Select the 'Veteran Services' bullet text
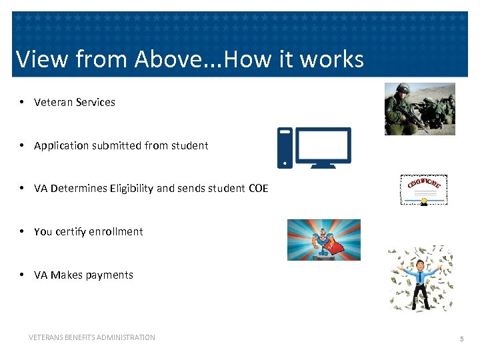click(x=74, y=102)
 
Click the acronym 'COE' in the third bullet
click(x=258, y=189)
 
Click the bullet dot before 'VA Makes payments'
click(x=22, y=275)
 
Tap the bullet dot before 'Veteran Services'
click(x=22, y=102)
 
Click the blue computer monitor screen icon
click(x=323, y=146)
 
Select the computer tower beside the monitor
click(x=285, y=148)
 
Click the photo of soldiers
click(x=419, y=109)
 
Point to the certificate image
click(x=423, y=190)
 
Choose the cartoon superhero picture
click(x=323, y=239)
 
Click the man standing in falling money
click(x=421, y=279)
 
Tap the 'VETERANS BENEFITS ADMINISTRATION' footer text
click(x=92, y=337)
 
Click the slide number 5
click(x=461, y=339)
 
